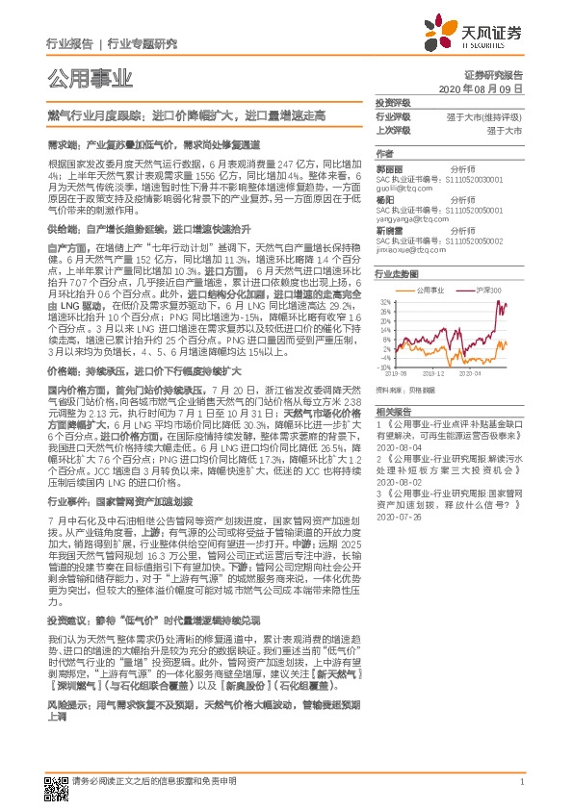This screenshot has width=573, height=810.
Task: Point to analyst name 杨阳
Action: tap(384, 200)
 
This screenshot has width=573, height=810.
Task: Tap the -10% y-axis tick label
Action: tap(384, 367)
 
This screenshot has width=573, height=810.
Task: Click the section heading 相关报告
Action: tap(393, 410)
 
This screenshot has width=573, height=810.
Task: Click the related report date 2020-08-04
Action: tap(398, 446)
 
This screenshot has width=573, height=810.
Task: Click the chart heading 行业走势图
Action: tap(397, 273)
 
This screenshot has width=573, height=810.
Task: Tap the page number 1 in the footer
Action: tap(521, 782)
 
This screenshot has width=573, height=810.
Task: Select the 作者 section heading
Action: tap(384, 153)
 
